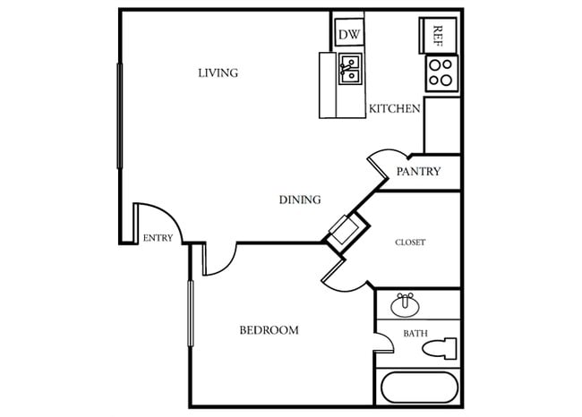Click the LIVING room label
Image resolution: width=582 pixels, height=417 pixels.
218,72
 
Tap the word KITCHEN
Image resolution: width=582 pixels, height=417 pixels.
394,109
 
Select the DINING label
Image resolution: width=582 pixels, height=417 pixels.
300,200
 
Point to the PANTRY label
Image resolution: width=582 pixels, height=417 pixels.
418,172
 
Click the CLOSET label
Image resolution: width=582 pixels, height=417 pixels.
410,242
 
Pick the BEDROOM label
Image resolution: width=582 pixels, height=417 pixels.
269,330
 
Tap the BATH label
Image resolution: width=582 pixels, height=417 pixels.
415,334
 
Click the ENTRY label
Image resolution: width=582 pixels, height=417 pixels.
158,238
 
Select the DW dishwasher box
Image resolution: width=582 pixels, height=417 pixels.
348,35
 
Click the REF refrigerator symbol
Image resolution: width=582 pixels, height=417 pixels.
438,35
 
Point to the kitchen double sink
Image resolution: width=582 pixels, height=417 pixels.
350,69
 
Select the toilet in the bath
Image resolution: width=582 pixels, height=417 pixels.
444,347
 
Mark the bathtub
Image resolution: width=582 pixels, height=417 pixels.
419,388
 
